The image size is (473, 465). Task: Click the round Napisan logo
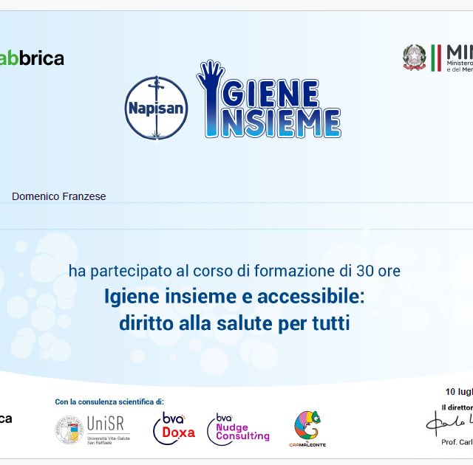[x=156, y=108]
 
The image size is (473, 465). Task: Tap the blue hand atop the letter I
[x=210, y=76]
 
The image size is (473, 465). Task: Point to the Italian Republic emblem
[x=415, y=58]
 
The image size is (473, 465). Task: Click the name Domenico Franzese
[x=59, y=196]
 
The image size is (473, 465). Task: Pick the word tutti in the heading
[x=331, y=323]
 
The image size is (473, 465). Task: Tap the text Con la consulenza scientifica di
[x=109, y=402]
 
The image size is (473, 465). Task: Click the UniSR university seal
[x=69, y=430]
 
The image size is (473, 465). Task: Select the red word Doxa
[x=178, y=433]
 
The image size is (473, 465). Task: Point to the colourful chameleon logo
[x=307, y=426]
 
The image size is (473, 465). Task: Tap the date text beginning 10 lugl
[x=459, y=391]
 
